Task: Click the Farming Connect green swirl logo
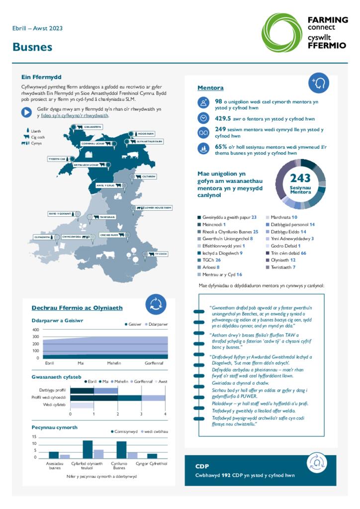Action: click(x=281, y=32)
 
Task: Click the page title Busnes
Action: click(x=32, y=48)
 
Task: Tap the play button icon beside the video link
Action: click(x=27, y=112)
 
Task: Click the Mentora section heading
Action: click(x=210, y=88)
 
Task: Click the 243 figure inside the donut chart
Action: click(x=300, y=178)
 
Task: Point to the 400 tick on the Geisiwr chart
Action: click(x=35, y=330)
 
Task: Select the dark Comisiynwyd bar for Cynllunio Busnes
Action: click(x=121, y=449)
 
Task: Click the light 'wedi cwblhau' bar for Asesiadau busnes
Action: click(x=65, y=456)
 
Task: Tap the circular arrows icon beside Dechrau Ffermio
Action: click(x=156, y=304)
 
